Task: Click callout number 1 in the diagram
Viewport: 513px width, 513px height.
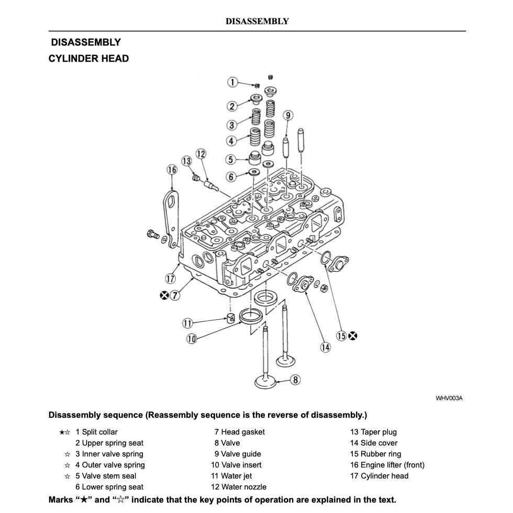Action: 232,82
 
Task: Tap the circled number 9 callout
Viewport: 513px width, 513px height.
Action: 288,116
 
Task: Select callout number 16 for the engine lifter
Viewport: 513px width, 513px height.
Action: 172,169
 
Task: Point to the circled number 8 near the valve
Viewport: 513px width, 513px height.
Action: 295,380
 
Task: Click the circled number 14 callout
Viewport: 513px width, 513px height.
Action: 326,347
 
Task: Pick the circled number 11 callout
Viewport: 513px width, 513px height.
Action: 187,323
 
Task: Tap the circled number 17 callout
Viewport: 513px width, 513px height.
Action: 170,278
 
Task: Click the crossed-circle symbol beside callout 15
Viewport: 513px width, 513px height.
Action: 353,336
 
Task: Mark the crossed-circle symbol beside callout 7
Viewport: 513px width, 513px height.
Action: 164,295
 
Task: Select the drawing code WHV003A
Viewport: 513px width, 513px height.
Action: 449,398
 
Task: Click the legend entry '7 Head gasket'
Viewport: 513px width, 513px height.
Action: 239,432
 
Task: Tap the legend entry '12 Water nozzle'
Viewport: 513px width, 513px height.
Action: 239,487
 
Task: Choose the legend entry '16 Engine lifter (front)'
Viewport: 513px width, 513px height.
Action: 387,465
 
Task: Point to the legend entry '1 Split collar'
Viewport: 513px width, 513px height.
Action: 96,432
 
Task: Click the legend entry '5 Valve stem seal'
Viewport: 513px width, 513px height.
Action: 105,476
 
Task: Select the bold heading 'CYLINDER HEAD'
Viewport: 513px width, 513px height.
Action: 88,58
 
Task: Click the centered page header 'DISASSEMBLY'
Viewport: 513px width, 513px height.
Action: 257,21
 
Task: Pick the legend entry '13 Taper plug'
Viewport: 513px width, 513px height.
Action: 373,432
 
